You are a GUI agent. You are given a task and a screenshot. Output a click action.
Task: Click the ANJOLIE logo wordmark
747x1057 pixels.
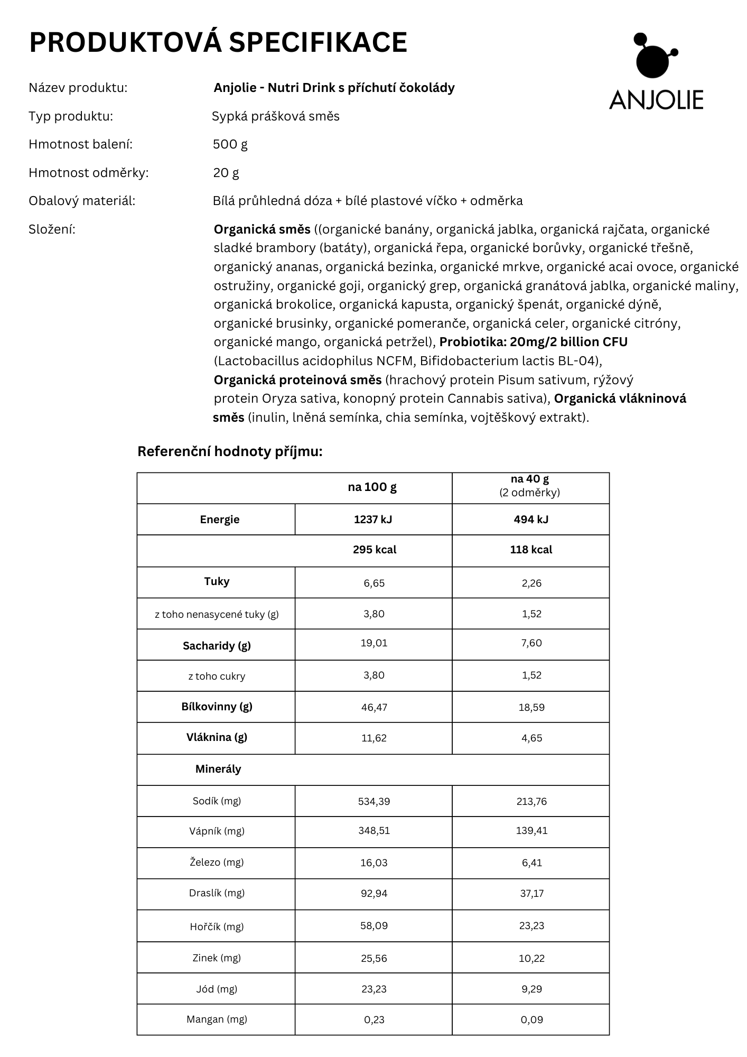(x=656, y=100)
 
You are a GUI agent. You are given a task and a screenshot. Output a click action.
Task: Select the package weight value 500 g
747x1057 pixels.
(x=230, y=144)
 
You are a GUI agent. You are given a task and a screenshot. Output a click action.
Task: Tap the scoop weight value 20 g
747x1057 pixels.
(x=226, y=173)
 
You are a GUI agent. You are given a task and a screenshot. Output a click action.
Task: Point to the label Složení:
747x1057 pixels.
(x=52, y=229)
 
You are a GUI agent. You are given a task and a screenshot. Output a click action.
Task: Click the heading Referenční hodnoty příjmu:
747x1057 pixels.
(x=229, y=452)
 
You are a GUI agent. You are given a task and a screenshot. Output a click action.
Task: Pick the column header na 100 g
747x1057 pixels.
(x=372, y=487)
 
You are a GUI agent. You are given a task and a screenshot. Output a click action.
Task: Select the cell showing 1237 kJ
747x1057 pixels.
(x=373, y=520)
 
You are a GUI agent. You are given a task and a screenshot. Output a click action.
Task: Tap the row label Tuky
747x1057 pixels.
(x=217, y=582)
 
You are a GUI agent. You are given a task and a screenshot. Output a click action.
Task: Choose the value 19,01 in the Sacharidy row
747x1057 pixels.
(x=374, y=643)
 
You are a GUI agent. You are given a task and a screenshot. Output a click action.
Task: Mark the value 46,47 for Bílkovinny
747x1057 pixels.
(x=374, y=707)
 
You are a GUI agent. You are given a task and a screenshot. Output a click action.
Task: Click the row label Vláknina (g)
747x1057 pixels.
(x=217, y=737)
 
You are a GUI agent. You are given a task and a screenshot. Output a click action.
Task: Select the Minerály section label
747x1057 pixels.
(x=218, y=769)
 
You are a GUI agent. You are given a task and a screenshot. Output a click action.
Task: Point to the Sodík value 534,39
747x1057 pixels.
(x=374, y=801)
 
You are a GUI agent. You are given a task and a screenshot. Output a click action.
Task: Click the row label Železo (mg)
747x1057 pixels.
(x=217, y=863)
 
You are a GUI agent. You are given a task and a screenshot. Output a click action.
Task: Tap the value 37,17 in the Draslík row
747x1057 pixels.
(x=531, y=893)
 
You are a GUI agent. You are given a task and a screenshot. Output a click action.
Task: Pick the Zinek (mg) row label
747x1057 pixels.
(x=217, y=958)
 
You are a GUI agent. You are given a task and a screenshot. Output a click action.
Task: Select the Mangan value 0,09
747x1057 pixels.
(x=531, y=1019)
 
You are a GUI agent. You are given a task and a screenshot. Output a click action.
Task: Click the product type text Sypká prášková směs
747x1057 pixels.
(x=275, y=116)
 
